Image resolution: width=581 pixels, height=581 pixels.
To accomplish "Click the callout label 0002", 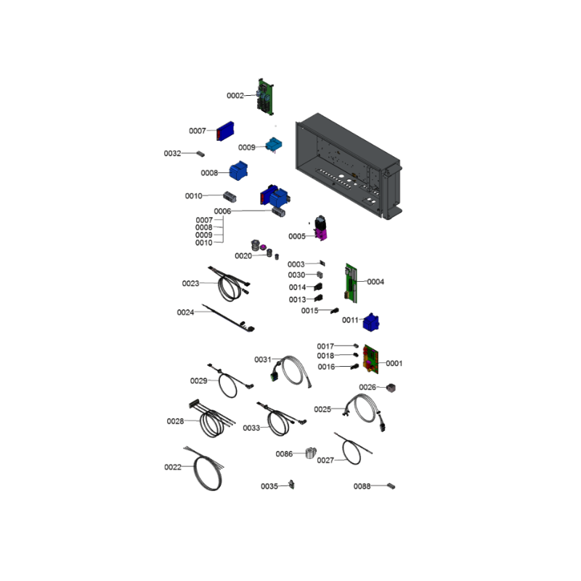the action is (235, 96).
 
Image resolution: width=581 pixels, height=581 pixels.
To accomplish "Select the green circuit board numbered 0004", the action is (352, 283).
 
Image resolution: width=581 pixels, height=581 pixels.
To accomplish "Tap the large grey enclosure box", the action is (349, 166).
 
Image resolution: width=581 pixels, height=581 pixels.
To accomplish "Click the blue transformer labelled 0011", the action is (371, 322).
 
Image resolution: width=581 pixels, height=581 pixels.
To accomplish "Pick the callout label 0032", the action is (172, 153).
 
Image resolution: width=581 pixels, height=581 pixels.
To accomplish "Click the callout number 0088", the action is (362, 486).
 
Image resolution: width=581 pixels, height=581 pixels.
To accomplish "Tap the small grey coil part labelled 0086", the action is (311, 452).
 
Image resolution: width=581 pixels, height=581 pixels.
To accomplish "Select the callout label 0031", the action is (263, 359).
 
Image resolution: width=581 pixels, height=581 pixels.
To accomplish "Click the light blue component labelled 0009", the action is (274, 145).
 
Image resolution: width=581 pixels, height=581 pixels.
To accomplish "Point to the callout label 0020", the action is (243, 256).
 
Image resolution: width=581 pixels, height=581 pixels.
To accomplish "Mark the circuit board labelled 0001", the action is (371, 359).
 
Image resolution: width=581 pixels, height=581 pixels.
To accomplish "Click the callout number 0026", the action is (367, 387).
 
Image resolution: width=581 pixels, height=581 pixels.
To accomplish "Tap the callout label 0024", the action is (185, 312).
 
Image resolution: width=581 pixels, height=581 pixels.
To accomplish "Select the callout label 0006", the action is (222, 211).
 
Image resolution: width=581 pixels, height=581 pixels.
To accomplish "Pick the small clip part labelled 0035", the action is (292, 484).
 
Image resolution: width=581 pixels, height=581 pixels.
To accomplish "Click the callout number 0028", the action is (175, 421).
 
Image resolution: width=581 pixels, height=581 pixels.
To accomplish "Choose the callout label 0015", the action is (310, 311).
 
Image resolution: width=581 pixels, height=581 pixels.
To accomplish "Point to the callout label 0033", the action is (251, 428).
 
